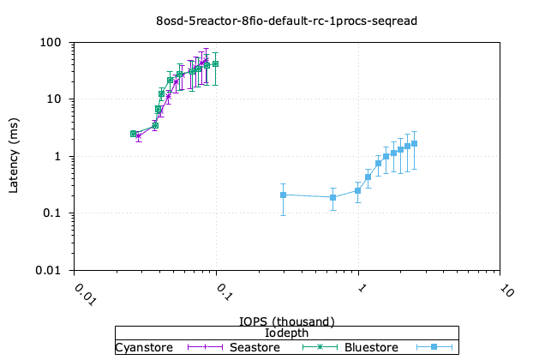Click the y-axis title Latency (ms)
point(14,157)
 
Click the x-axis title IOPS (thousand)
point(286,321)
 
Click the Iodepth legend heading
point(286,333)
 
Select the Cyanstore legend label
point(144,347)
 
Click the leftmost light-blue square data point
point(283,195)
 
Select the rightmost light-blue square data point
point(415,144)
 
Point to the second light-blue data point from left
point(333,198)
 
